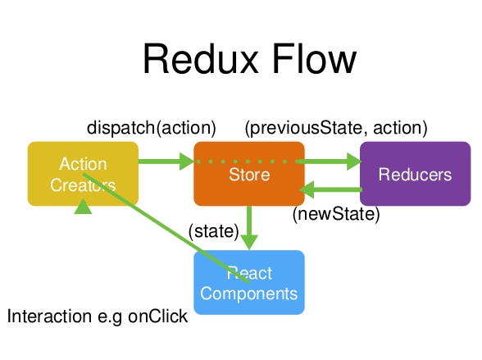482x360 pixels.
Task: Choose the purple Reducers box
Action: pos(415,174)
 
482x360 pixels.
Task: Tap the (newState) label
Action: pos(336,215)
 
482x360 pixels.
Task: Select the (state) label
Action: pos(213,232)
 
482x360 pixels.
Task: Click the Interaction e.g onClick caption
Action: pos(98,317)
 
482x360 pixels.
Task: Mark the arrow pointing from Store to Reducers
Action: pos(332,162)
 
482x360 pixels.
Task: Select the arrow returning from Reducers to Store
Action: pos(332,190)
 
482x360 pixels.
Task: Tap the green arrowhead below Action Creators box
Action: pos(83,209)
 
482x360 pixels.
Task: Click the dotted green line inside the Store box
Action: pos(248,162)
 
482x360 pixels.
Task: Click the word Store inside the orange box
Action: pos(249,175)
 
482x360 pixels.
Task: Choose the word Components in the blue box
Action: pos(248,293)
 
